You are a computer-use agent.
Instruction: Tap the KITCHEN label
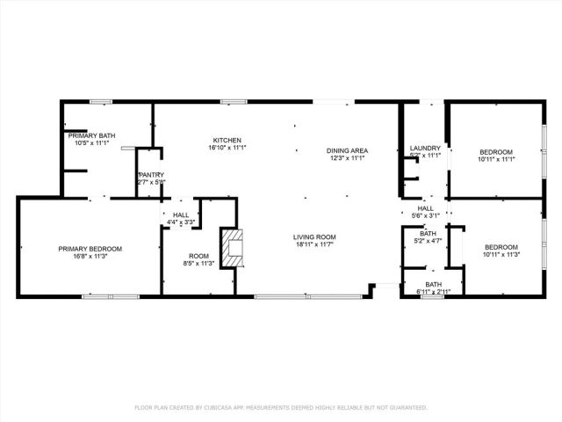[x=227, y=140]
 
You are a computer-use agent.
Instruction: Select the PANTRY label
[x=151, y=175]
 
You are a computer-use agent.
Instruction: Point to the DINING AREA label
[x=348, y=150]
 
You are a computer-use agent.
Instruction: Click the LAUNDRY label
[x=425, y=148]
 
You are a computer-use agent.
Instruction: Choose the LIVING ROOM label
[x=314, y=236]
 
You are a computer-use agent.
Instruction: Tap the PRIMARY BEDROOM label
[x=90, y=249]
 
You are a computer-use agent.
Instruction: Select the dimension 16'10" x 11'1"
[x=227, y=148]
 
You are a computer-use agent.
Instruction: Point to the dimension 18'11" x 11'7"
[x=314, y=244]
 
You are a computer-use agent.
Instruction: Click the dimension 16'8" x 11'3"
[x=90, y=257]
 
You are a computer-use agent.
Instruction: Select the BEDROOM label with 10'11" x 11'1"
[x=496, y=151]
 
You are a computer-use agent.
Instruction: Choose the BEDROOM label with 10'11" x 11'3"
[x=501, y=247]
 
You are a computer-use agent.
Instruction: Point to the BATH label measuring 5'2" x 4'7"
[x=428, y=233]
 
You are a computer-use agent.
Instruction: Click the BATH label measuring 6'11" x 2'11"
[x=434, y=284]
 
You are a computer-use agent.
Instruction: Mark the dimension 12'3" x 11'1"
[x=348, y=158]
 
